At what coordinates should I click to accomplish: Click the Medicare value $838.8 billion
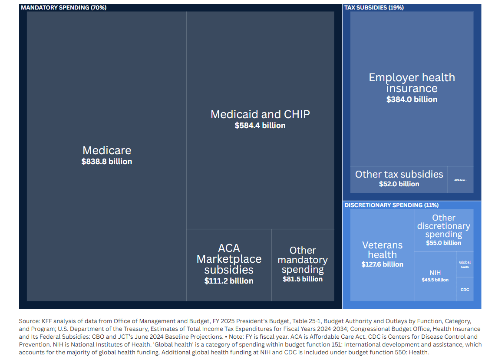pos(107,162)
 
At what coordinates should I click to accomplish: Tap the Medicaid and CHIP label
pos(260,114)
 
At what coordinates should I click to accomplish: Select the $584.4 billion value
pos(260,126)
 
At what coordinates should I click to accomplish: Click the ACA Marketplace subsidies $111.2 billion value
pos(229,281)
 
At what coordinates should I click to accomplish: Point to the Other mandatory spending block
pos(303,265)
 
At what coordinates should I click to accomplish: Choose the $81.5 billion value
pos(303,279)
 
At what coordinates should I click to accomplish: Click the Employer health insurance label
pos(412,83)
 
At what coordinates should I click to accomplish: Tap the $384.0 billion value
pos(412,99)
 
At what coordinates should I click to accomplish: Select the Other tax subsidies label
pos(399,174)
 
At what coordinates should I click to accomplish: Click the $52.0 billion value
pos(399,184)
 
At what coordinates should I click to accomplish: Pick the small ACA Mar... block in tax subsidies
pos(461,180)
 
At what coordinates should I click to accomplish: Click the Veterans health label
pos(382,250)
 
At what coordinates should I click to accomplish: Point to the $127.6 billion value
pos(382,264)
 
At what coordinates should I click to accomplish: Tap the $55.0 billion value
pos(443,243)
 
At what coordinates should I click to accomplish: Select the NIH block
pos(435,276)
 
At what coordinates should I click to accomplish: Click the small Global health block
pos(465,264)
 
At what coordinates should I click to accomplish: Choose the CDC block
pos(465,289)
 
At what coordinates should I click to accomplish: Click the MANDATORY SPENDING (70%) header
pos(63,7)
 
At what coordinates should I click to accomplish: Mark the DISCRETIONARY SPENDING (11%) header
pos(391,205)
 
